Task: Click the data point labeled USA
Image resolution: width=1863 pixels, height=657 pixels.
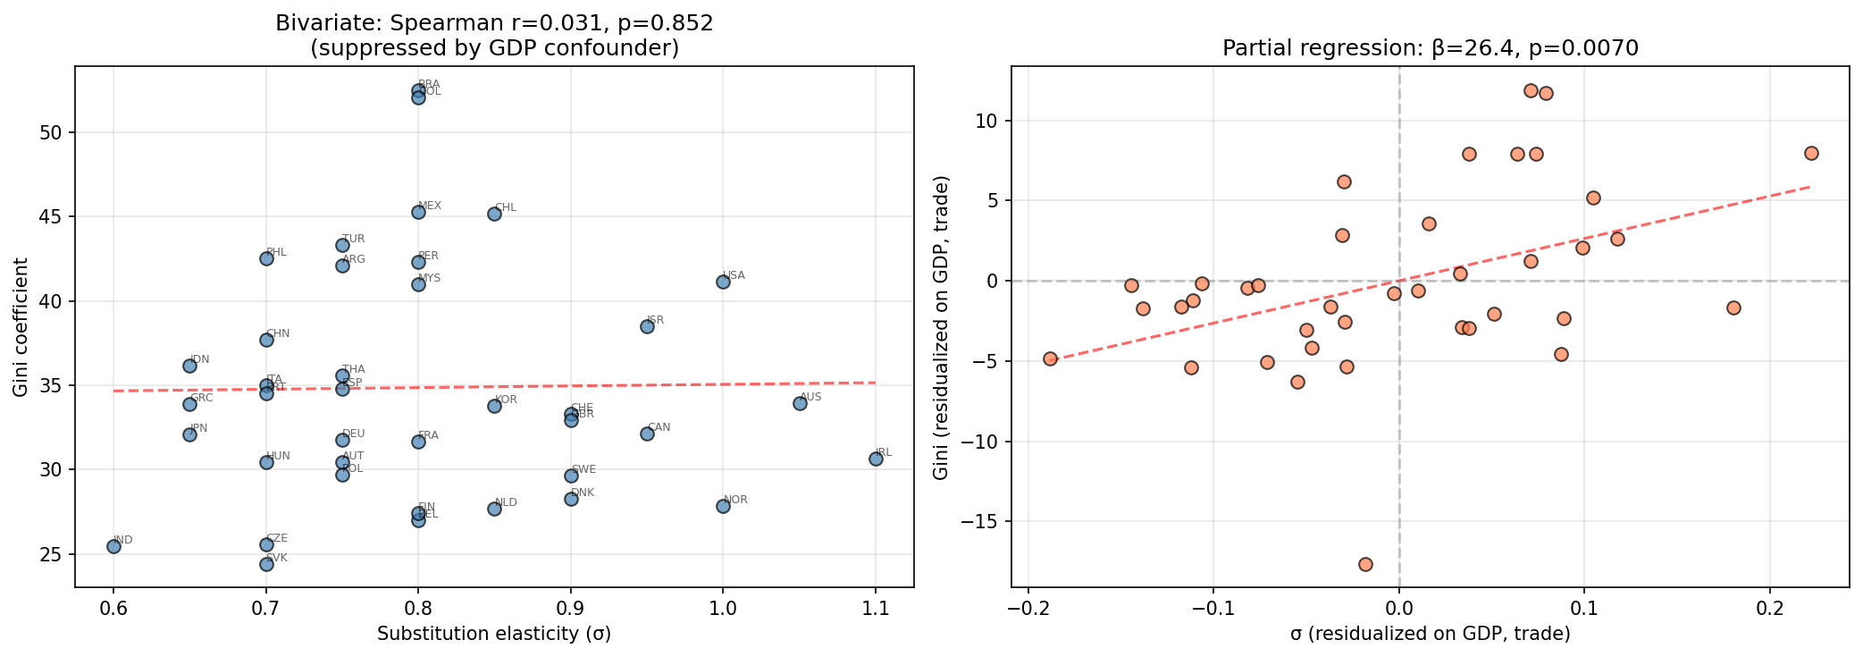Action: (723, 282)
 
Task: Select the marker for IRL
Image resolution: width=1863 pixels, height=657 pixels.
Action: (876, 459)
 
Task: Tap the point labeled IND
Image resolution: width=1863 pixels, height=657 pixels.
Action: (113, 546)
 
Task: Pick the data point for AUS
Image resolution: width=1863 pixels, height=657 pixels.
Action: (800, 403)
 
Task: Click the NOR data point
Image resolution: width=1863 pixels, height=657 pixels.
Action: (723, 506)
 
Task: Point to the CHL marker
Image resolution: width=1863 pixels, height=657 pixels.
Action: (494, 214)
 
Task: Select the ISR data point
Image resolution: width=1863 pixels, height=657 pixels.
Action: (647, 326)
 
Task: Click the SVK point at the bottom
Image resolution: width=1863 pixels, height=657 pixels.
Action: (266, 564)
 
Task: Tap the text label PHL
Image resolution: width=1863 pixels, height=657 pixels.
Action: (277, 252)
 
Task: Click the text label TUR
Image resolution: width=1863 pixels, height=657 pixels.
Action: (353, 239)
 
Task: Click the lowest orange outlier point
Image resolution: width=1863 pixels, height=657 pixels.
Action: (1365, 564)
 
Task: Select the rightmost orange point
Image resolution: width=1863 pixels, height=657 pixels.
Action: (1811, 153)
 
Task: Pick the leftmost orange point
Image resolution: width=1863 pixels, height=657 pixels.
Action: (1050, 358)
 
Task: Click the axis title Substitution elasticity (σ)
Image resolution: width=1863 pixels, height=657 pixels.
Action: (494, 634)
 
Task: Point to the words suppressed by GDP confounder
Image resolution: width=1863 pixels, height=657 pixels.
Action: (494, 48)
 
